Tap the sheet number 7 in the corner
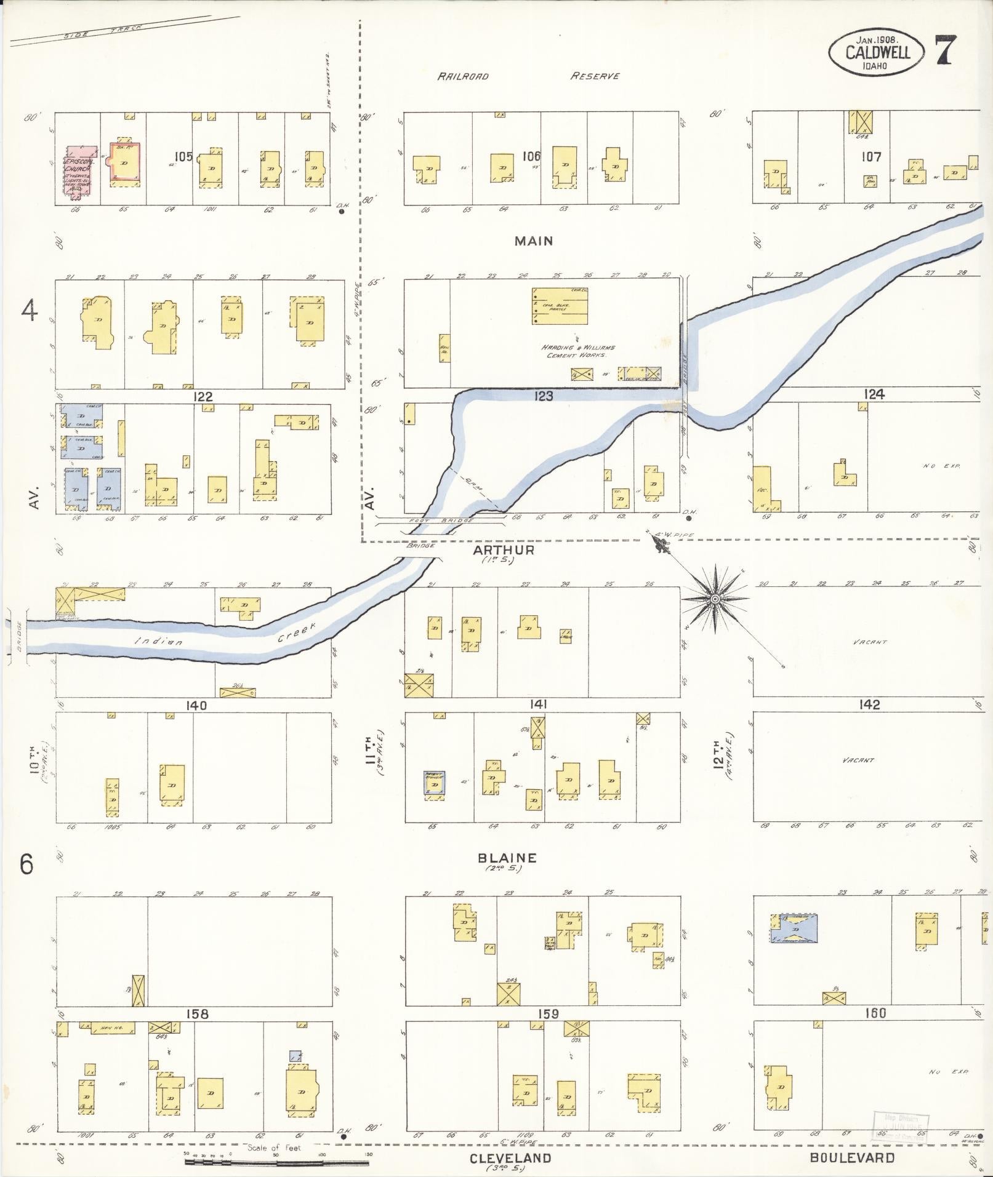pos(945,50)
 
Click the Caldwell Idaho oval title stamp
pos(878,52)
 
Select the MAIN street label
pos(534,241)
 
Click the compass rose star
pos(715,599)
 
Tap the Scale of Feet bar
pos(277,1162)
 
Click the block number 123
pos(544,396)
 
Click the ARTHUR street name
pos(504,549)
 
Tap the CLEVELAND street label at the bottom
pos(510,1158)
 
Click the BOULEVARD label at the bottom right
pos(852,1157)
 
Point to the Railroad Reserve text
pos(528,76)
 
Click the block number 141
pos(537,704)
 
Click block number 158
pos(196,1013)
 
